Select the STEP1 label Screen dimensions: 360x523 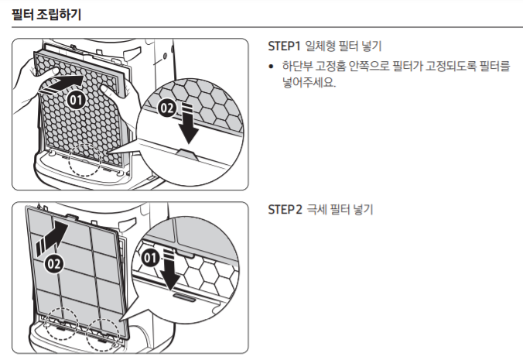284,46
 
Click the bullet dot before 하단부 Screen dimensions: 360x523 271,68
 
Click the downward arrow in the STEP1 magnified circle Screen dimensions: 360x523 186,126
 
